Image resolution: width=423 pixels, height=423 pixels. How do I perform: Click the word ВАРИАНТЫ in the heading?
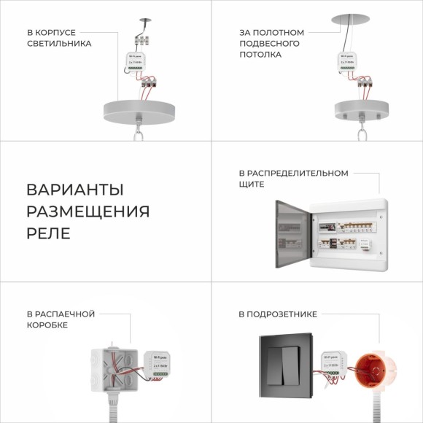click(x=74, y=190)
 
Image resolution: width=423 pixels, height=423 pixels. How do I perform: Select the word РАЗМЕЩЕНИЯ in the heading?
click(x=88, y=211)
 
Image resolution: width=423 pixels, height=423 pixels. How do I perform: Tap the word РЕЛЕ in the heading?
click(x=48, y=233)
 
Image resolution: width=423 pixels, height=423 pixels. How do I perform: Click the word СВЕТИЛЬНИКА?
click(x=59, y=44)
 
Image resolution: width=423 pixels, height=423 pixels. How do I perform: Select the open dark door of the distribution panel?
click(x=293, y=231)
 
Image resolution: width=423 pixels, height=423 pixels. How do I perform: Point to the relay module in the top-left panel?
click(x=136, y=66)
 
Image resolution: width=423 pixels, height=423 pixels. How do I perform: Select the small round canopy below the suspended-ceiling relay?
click(x=355, y=110)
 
